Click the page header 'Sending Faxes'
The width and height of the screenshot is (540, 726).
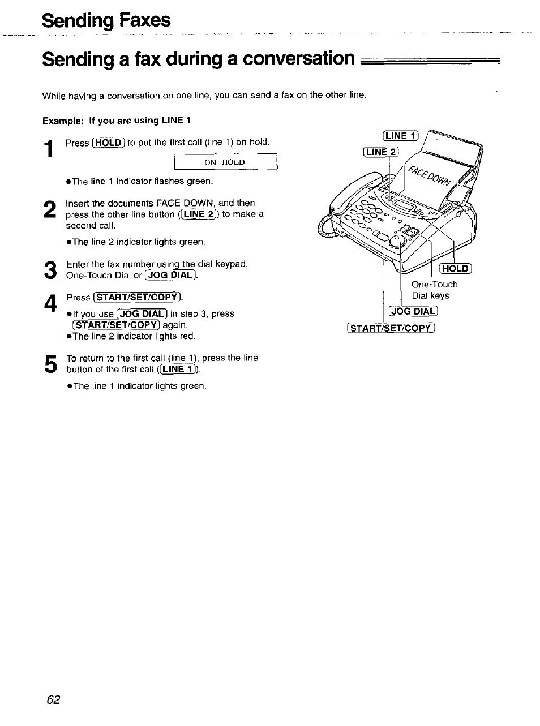(x=106, y=20)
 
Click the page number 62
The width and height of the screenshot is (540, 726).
(x=53, y=699)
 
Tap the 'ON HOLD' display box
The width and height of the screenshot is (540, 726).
(x=225, y=162)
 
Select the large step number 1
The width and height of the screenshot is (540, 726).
(x=50, y=149)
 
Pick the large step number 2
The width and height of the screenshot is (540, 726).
(x=50, y=209)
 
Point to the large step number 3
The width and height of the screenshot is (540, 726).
(x=50, y=270)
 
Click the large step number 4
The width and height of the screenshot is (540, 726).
(x=50, y=304)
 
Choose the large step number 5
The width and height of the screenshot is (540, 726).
(x=50, y=364)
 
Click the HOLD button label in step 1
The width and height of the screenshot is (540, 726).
(x=108, y=143)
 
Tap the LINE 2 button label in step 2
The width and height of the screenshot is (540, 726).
(x=198, y=214)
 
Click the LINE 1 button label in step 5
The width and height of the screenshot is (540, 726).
(x=178, y=370)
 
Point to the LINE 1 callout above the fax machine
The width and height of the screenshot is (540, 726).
(x=400, y=135)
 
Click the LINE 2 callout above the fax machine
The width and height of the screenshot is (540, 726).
(x=381, y=152)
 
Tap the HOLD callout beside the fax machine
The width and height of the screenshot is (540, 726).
(x=456, y=269)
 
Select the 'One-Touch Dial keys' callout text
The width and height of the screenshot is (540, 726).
(x=434, y=290)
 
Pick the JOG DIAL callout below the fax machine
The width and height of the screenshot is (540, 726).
(x=414, y=311)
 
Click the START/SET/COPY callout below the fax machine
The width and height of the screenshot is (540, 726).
(x=391, y=328)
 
